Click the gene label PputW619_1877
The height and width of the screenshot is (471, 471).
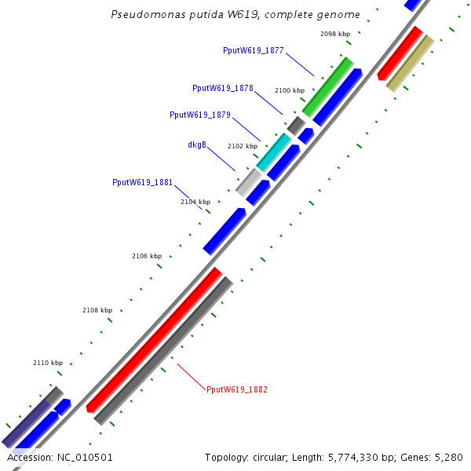pos(254,50)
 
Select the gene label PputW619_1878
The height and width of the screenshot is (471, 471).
pos(223,88)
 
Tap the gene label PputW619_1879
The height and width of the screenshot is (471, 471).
pos(200,115)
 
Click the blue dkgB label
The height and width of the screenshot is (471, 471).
pos(197,144)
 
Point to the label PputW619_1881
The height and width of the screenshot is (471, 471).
pos(143,182)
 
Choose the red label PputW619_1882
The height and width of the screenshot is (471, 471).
pos(237,389)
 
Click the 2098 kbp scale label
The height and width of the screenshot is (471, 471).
pos(335,35)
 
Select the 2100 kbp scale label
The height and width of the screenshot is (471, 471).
pos(289,91)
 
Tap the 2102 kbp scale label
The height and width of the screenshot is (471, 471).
pos(243,146)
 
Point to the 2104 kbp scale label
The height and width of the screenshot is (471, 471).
pos(195,202)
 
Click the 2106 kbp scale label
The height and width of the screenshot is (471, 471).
pos(147,256)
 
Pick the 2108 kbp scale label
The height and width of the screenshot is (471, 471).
pos(97,311)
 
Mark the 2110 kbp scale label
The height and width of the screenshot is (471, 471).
pos(48,363)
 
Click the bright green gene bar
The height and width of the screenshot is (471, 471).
pos(328,86)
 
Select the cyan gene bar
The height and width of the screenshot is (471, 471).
pos(274,153)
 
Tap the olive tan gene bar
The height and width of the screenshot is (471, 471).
pos(411,63)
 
